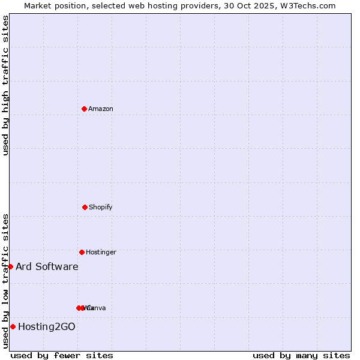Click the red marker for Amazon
[x=85, y=109]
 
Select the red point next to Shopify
[x=85, y=207]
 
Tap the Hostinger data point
[x=82, y=252]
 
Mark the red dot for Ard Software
[x=10, y=266]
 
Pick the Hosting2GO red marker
[x=13, y=326]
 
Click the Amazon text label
[x=101, y=109]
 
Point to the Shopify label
[x=101, y=207]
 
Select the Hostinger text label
[x=101, y=252]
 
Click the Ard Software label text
[x=47, y=266]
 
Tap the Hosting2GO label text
[x=47, y=326]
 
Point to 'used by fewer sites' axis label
[x=62, y=355]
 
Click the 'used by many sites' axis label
[x=301, y=355]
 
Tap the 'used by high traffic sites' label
[x=5, y=85]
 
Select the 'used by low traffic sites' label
[x=5, y=281]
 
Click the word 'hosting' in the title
[x=157, y=5]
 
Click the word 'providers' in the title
[x=196, y=5]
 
